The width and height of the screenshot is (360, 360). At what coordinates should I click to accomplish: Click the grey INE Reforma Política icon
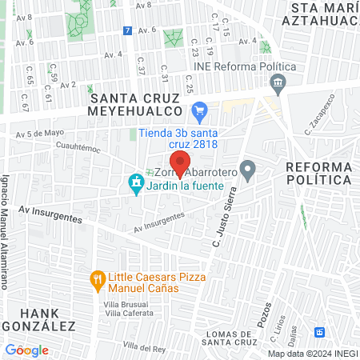click(278, 81)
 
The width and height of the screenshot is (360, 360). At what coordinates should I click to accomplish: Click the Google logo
click(26, 350)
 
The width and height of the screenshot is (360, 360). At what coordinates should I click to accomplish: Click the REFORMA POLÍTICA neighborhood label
click(318, 173)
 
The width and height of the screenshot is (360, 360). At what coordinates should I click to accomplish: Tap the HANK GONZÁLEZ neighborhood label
click(38, 319)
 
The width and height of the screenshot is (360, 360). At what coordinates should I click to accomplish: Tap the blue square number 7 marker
click(128, 30)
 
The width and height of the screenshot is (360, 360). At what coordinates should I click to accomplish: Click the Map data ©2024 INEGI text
click(311, 353)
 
